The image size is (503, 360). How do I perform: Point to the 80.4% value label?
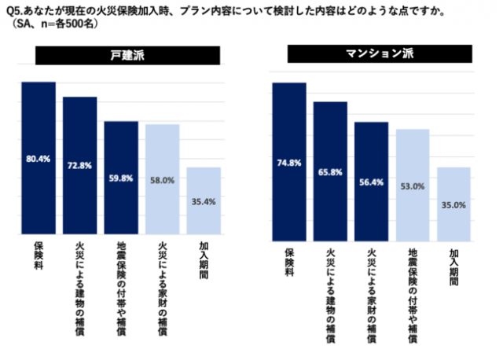(x=38, y=158)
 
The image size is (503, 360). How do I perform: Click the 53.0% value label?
(x=413, y=186)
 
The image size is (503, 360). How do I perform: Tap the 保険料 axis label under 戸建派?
(x=38, y=259)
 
